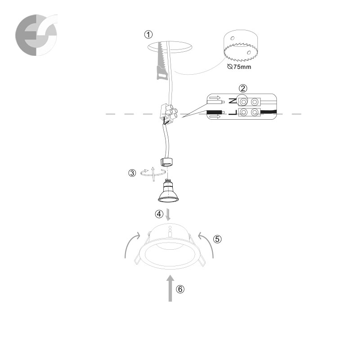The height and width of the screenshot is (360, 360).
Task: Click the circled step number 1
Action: pyautogui.click(x=148, y=35)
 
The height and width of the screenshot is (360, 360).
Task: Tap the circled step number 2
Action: pyautogui.click(x=243, y=88)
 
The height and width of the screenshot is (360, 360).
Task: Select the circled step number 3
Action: pyautogui.click(x=132, y=173)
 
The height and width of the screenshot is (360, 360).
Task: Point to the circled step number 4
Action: pyautogui.click(x=159, y=214)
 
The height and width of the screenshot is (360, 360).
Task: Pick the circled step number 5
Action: pyautogui.click(x=217, y=239)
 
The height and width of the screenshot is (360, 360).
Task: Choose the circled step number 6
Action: pyautogui.click(x=180, y=289)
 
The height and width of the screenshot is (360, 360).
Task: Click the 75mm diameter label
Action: pyautogui.click(x=239, y=67)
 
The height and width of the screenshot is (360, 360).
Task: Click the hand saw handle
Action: pyautogui.click(x=162, y=72)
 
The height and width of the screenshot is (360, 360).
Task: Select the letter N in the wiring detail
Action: pyautogui.click(x=233, y=100)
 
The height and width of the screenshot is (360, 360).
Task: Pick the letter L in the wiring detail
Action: pyautogui.click(x=233, y=112)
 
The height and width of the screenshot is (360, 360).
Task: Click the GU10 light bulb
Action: pyautogui.click(x=168, y=191)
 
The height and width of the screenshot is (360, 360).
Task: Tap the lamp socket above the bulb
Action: pyautogui.click(x=166, y=162)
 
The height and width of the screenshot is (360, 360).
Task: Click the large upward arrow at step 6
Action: pyautogui.click(x=170, y=288)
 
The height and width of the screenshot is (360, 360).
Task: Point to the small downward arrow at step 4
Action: pyautogui.click(x=168, y=215)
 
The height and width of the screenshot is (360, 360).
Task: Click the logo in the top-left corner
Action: pyautogui.click(x=36, y=35)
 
